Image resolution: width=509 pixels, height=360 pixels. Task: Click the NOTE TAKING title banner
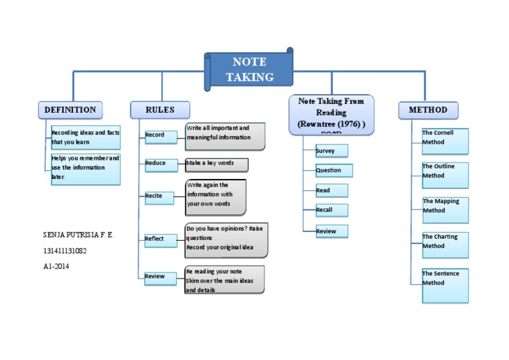[249, 69]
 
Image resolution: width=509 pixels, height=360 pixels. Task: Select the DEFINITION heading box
[70, 110]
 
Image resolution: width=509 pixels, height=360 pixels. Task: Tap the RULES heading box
[160, 110]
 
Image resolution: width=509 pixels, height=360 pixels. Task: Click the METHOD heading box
[427, 110]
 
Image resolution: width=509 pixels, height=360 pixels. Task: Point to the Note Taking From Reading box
[331, 114]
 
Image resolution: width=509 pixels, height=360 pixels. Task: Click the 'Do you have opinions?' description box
[226, 240]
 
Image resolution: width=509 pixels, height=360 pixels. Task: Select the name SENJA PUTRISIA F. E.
[78, 235]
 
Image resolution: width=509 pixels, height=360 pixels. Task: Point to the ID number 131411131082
[65, 251]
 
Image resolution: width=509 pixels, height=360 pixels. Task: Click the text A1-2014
[56, 267]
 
